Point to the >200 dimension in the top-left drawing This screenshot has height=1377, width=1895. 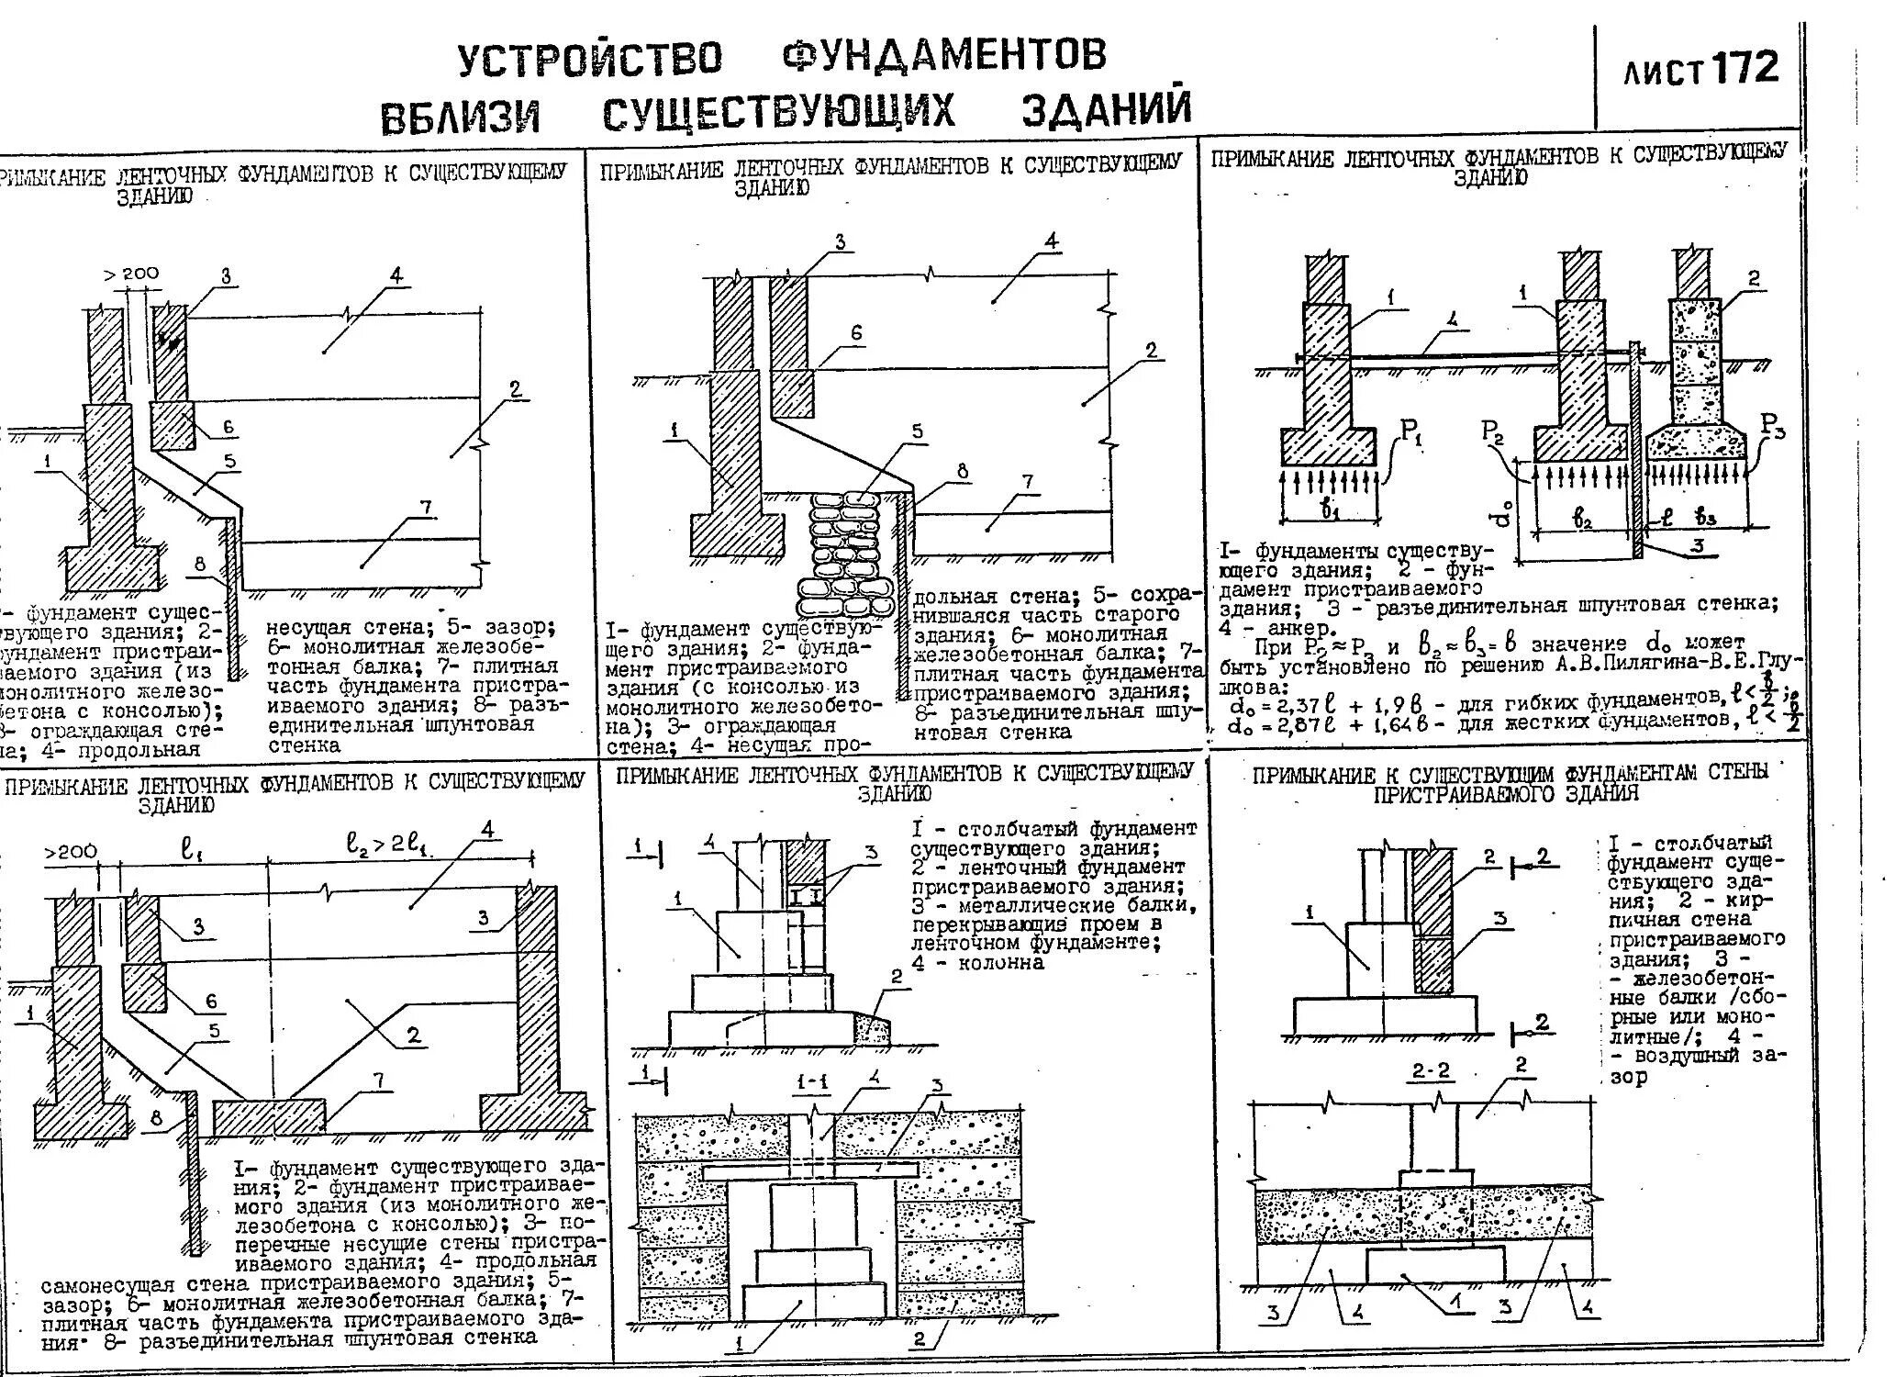point(131,273)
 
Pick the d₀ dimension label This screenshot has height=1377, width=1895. point(1502,515)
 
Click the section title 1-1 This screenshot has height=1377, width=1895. point(813,1082)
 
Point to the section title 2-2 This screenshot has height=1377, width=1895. point(1432,1071)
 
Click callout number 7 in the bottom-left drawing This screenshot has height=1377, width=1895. point(377,1080)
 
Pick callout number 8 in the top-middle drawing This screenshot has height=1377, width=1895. point(962,472)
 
